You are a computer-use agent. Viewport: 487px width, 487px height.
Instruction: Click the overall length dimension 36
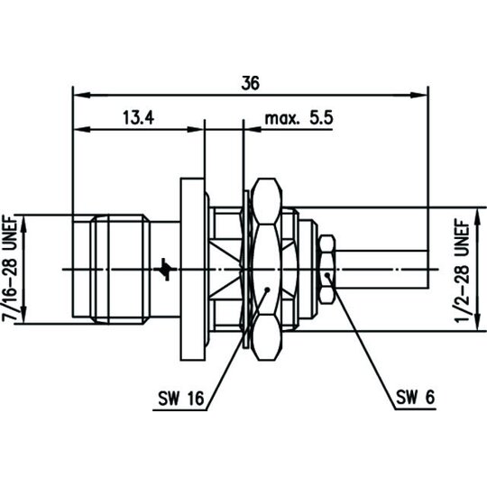coord(250,83)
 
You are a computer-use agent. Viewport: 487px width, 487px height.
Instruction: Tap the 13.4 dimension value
coord(139,118)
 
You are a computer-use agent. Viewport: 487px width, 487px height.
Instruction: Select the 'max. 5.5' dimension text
coord(299,118)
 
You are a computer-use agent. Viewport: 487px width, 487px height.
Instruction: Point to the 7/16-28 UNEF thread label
coord(10,269)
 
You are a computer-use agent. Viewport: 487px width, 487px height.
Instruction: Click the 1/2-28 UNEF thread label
coord(462,271)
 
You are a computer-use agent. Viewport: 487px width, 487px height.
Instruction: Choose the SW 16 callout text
coord(181,398)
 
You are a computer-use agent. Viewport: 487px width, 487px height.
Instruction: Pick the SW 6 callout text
coord(415,397)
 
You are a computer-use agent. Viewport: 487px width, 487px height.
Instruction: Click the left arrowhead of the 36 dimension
coord(81,95)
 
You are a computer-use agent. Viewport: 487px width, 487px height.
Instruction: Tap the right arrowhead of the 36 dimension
coord(419,95)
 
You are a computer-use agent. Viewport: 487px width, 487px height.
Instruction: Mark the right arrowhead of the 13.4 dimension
coord(196,129)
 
